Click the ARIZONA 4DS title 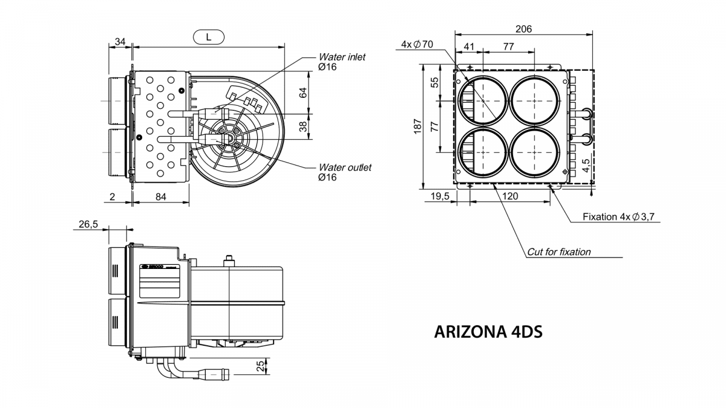point(488,332)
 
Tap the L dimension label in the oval point(208,37)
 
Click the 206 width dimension point(523,29)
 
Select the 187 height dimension point(417,126)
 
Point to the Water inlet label point(342,57)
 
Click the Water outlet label point(345,167)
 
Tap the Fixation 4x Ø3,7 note point(618,216)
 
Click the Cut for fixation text point(558,252)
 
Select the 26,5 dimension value point(88,224)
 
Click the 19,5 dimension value point(439,196)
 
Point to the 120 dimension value point(511,196)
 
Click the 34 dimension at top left point(120,42)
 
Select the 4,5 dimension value point(586,166)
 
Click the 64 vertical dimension point(304,92)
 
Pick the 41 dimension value point(469,47)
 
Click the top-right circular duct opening point(534,101)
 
